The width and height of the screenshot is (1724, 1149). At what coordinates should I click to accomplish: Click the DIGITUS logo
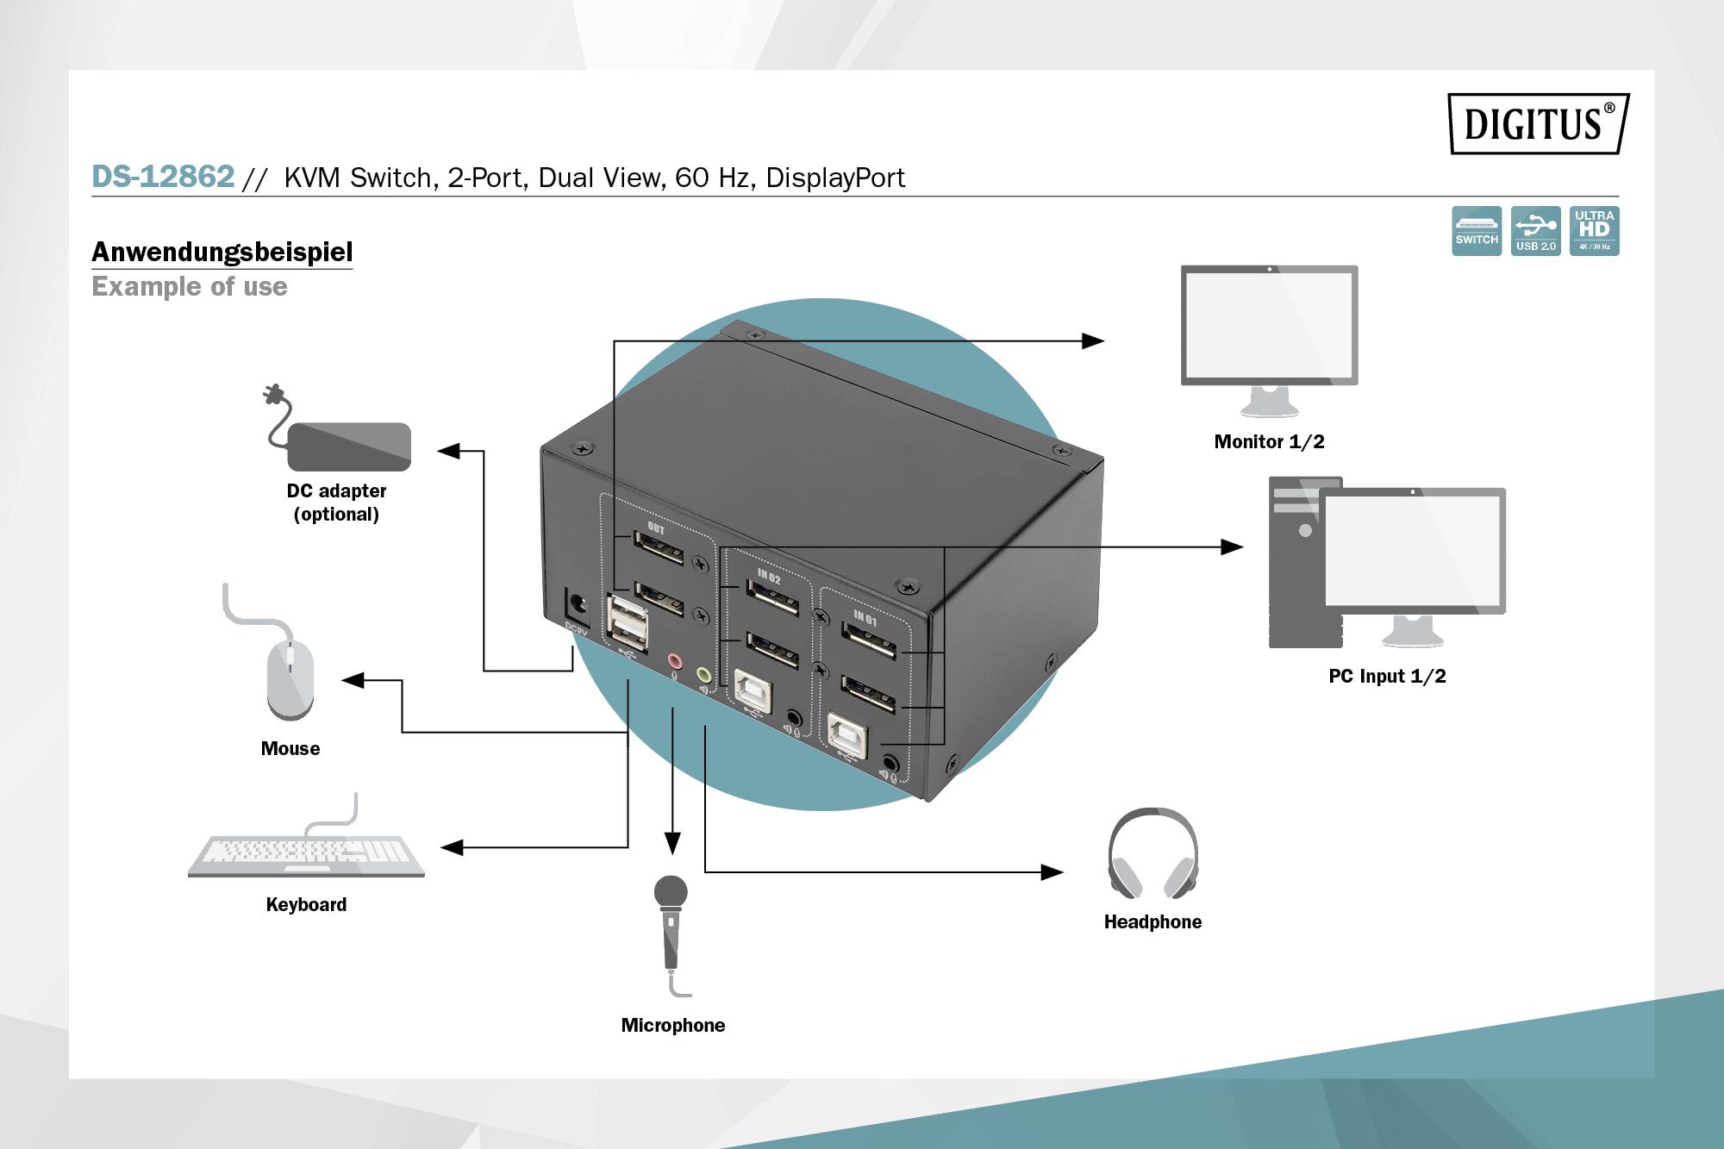click(x=1538, y=123)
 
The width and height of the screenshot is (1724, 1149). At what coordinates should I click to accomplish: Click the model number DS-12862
click(x=163, y=177)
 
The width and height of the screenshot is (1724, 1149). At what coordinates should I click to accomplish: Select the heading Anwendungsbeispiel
click(x=222, y=252)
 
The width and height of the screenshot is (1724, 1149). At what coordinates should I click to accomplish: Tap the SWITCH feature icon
click(x=1476, y=230)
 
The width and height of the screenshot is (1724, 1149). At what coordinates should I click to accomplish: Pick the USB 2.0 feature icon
click(x=1535, y=230)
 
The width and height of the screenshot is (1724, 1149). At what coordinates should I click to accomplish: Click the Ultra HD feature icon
click(x=1594, y=230)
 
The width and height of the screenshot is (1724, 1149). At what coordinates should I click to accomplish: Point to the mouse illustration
click(x=290, y=678)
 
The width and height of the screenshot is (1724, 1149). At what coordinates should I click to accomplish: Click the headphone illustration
click(x=1152, y=853)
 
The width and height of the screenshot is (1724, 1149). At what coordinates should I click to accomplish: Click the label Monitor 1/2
click(x=1269, y=441)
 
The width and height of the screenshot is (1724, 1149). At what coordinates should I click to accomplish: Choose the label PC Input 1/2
click(x=1387, y=676)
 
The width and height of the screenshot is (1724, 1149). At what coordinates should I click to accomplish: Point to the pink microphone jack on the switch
click(x=674, y=661)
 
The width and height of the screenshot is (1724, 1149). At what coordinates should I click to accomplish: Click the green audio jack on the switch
click(x=704, y=675)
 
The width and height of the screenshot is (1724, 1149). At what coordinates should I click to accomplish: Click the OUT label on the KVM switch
click(x=656, y=528)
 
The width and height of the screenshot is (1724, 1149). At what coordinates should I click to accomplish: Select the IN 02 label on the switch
click(x=769, y=577)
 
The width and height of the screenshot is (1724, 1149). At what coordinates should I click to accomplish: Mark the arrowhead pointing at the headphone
click(x=1052, y=872)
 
